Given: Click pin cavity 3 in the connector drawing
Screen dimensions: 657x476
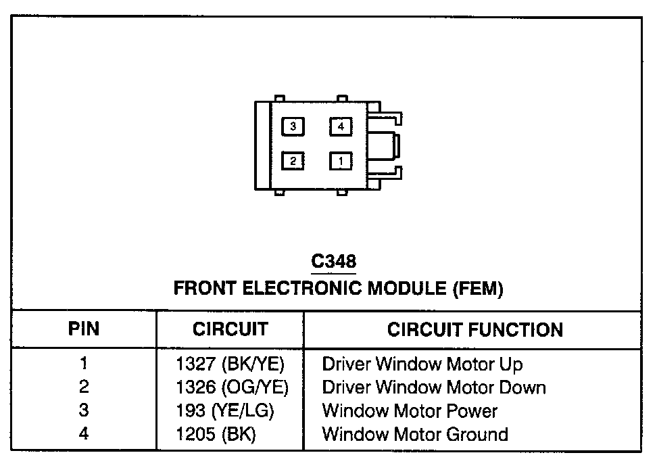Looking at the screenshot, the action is click(293, 126).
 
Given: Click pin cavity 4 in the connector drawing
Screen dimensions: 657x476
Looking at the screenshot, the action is click(341, 126).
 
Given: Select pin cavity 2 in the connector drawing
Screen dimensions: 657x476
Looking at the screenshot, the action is click(293, 161).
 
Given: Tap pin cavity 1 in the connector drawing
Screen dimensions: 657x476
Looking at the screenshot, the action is click(341, 161).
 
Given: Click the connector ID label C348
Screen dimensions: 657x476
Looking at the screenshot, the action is click(333, 261).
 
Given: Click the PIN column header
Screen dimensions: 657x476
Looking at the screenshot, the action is click(84, 329).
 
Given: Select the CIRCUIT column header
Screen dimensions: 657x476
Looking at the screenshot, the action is click(230, 329).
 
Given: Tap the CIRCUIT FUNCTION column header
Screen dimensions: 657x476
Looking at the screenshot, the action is click(474, 330).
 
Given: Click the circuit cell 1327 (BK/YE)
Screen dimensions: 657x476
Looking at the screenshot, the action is click(230, 364).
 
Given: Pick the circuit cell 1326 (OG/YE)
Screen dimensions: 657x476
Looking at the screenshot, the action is click(232, 387).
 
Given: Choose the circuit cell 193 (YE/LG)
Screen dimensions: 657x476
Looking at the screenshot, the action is click(224, 410).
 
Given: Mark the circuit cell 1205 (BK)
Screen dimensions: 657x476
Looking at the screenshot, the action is click(216, 433).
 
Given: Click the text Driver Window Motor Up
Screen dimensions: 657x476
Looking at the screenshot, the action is click(422, 364).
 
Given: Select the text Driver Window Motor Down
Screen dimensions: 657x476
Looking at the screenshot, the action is click(433, 387).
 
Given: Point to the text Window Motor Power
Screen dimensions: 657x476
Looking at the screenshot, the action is click(410, 410).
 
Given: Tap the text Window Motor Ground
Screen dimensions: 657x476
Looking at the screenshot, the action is click(415, 433).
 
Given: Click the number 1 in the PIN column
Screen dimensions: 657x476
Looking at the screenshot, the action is click(84, 364).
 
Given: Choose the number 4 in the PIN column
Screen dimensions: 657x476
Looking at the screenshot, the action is click(84, 433).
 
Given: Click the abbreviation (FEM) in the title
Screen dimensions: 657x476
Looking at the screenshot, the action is click(477, 289).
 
